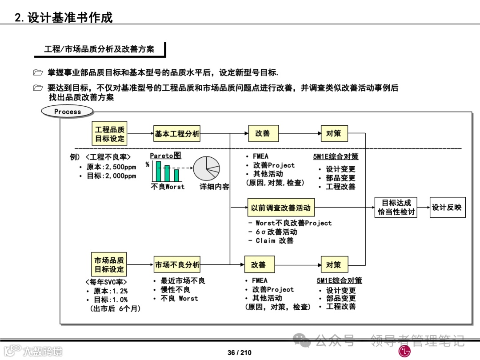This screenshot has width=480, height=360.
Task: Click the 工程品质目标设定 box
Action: point(110,134)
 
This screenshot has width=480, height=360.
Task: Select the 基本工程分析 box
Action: point(177,133)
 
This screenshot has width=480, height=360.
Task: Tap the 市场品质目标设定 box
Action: point(109,264)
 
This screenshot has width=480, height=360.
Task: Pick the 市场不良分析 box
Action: point(177,265)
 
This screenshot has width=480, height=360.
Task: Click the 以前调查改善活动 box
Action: point(280,208)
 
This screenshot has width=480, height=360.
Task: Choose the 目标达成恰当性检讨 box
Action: point(396,208)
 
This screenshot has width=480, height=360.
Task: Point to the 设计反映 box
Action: point(447,208)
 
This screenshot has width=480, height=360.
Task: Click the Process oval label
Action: point(68,112)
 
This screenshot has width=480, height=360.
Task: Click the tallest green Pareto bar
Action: point(158,171)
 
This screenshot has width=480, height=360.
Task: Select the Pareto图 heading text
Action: point(165,156)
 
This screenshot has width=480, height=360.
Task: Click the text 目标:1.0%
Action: point(110,300)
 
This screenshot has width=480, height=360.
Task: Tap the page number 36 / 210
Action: point(239,352)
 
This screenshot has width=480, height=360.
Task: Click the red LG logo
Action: point(404,352)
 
